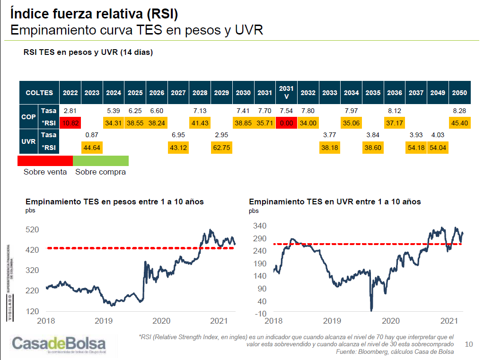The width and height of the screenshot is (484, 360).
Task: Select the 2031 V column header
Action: pyautogui.click(x=286, y=92)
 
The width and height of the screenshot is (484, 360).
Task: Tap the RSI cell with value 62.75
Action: pyautogui.click(x=221, y=147)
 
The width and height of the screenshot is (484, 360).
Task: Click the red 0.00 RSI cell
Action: pyautogui.click(x=286, y=123)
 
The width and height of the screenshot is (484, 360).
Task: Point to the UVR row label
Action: pyautogui.click(x=29, y=141)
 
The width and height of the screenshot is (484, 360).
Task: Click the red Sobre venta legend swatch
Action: pyautogui.click(x=45, y=160)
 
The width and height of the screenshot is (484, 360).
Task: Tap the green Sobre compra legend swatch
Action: pyautogui.click(x=100, y=160)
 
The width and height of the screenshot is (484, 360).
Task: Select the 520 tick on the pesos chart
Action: pyautogui.click(x=32, y=229)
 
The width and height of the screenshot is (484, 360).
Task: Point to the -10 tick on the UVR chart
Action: pyautogui.click(x=261, y=314)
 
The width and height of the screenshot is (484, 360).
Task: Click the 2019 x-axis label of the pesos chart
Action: pyautogui.click(x=104, y=321)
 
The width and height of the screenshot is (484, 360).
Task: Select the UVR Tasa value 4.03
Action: pyautogui.click(x=438, y=135)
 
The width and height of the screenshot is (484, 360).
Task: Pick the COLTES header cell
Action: pyautogui.click(x=39, y=93)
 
